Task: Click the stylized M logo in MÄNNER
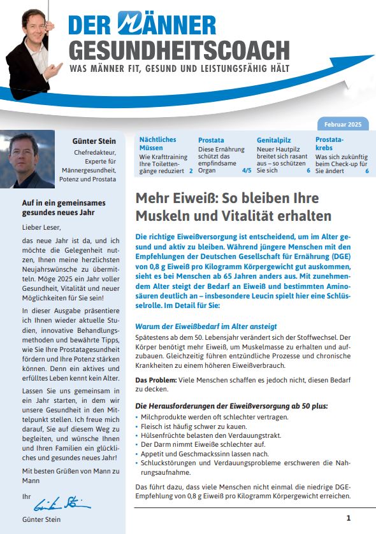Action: [x=134, y=24]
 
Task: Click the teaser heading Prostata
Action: [x=211, y=139]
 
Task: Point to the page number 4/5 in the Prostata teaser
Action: [x=246, y=171]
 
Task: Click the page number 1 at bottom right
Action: [x=348, y=517]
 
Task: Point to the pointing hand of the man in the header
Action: [x=56, y=68]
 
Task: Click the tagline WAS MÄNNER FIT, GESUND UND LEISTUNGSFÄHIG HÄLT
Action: [x=179, y=67]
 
